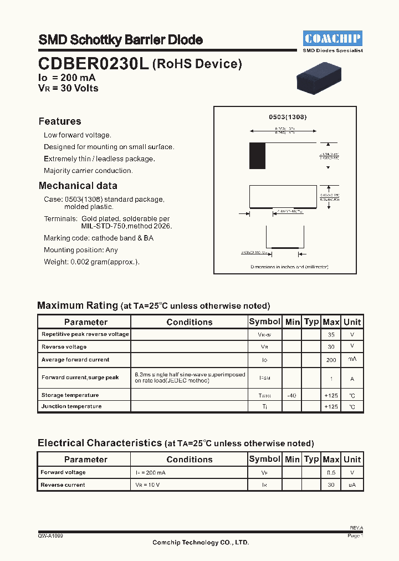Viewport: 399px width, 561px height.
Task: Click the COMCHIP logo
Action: (332, 38)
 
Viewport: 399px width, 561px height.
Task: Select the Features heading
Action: (60, 121)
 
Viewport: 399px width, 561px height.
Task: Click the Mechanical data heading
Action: (78, 186)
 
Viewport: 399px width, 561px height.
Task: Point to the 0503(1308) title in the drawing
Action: (288, 117)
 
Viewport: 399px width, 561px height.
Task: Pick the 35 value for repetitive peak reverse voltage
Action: (331, 335)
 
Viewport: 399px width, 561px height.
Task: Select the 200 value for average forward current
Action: (331, 360)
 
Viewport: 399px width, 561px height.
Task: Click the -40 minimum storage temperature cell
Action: (292, 395)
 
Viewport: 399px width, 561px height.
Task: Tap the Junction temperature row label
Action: (71, 406)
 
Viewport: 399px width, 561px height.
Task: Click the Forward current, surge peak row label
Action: (80, 378)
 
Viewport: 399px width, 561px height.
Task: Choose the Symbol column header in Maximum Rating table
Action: (264, 322)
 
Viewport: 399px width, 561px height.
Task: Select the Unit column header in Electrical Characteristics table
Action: (352, 459)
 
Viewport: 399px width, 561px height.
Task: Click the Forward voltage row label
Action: (63, 472)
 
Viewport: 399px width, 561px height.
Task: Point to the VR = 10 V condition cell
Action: (149, 485)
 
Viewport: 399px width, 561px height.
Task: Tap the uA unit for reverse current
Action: (352, 485)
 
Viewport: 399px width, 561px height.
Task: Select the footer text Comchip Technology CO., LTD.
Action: (201, 543)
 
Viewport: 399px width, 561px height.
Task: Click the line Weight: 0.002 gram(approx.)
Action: (92, 262)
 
